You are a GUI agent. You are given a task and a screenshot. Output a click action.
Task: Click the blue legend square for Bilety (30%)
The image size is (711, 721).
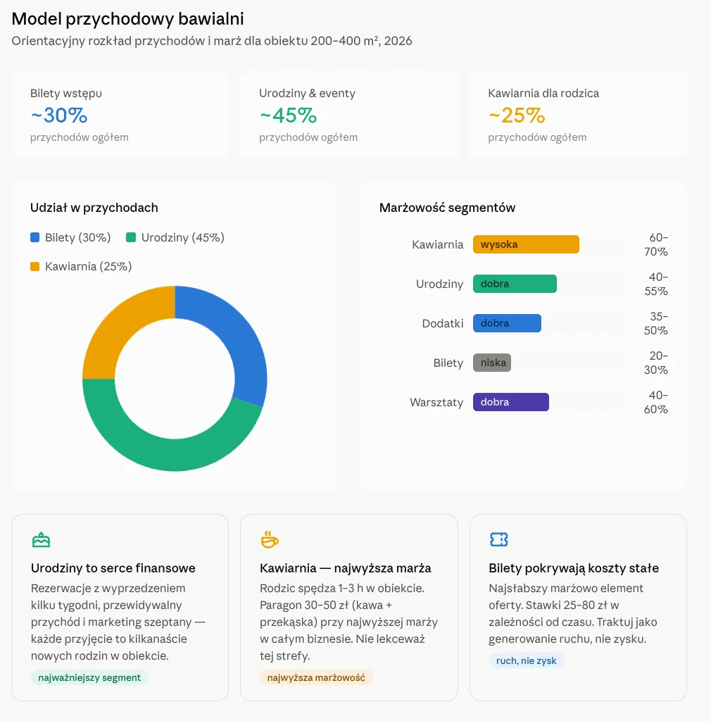pyautogui.click(x=34, y=237)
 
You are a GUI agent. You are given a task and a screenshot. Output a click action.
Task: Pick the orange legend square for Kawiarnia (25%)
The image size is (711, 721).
pyautogui.click(x=34, y=266)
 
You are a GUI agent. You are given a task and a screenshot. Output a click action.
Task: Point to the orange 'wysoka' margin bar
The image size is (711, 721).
pyautogui.click(x=526, y=244)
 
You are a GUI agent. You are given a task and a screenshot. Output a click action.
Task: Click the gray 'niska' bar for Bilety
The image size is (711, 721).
pyautogui.click(x=492, y=363)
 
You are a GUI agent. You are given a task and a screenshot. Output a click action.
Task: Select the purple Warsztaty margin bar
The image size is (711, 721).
pyautogui.click(x=510, y=402)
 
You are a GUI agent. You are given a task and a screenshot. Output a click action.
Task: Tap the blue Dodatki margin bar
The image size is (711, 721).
pyautogui.click(x=507, y=323)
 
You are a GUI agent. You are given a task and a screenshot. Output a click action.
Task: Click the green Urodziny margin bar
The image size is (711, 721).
pyautogui.click(x=515, y=284)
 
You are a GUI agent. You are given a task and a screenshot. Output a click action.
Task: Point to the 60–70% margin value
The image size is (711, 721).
pyautogui.click(x=656, y=244)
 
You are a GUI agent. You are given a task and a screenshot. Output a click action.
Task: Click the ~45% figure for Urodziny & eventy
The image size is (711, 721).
pyautogui.click(x=288, y=115)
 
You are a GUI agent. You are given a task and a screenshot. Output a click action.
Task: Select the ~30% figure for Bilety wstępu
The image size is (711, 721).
pyautogui.click(x=59, y=115)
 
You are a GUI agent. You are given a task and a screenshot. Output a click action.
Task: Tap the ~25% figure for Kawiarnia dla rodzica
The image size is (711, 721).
pyautogui.click(x=517, y=115)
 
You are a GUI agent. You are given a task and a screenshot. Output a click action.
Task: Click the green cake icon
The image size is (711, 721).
pyautogui.click(x=41, y=540)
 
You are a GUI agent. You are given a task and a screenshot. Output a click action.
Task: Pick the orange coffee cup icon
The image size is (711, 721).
pyautogui.click(x=270, y=540)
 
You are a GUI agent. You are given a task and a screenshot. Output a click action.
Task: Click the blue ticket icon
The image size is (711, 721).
pyautogui.click(x=498, y=539)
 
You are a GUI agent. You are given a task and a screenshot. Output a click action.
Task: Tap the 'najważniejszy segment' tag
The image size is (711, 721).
pyautogui.click(x=89, y=677)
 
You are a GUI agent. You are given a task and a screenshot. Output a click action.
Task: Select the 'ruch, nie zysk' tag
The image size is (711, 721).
pyautogui.click(x=527, y=660)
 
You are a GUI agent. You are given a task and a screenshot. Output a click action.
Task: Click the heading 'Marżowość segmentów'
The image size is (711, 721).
pyautogui.click(x=447, y=208)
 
